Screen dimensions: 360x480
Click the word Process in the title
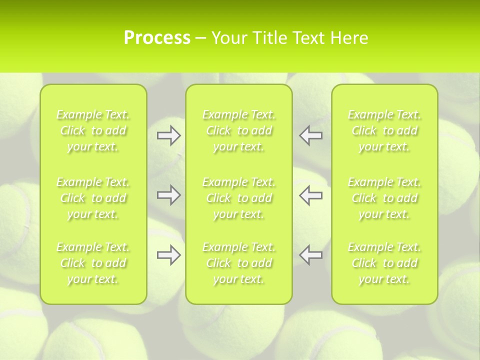(157, 38)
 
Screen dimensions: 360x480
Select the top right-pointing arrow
(168, 135)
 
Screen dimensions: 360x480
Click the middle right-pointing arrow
(168, 195)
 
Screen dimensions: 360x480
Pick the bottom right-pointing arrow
(168, 255)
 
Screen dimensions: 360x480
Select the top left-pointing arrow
(311, 135)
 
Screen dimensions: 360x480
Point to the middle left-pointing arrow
(311, 195)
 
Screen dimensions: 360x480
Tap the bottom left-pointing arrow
(311, 255)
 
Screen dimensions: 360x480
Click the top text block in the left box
(93, 130)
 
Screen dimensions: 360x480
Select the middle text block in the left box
(93, 198)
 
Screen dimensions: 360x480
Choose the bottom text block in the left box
(93, 263)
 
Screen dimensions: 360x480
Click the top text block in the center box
(239, 130)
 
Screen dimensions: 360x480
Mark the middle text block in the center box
(239, 198)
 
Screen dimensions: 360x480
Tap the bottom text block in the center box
(239, 263)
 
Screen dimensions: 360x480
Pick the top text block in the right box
(384, 130)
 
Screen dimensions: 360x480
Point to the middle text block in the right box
(384, 198)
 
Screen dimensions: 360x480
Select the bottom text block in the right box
(384, 263)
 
